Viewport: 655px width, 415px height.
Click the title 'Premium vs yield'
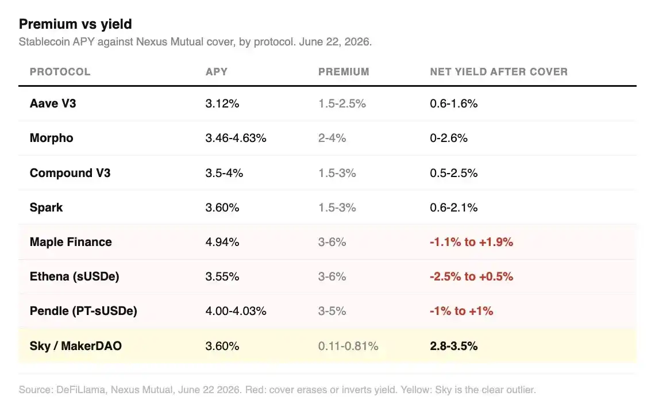(75, 24)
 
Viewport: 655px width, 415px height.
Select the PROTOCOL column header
(60, 72)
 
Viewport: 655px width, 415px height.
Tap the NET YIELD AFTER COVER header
(499, 72)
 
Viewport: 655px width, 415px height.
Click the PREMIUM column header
(344, 72)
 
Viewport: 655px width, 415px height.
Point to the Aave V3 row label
(53, 103)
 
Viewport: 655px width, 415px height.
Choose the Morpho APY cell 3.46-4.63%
(236, 139)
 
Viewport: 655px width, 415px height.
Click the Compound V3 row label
(70, 173)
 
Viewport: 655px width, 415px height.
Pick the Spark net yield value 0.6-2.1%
(454, 207)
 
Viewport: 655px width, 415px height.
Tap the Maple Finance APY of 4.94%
(222, 242)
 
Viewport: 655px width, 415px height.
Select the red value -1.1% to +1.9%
(472, 242)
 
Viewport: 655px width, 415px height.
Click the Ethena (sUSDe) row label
(74, 276)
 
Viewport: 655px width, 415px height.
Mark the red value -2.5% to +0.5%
(472, 276)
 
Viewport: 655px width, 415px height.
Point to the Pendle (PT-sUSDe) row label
(83, 312)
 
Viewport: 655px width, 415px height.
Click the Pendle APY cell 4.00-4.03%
(236, 312)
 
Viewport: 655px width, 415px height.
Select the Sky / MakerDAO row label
(76, 346)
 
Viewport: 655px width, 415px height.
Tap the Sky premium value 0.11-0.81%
(348, 346)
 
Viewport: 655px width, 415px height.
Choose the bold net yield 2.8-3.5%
(454, 346)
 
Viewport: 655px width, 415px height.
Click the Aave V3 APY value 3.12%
(222, 103)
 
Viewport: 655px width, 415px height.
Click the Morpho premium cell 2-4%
(332, 139)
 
